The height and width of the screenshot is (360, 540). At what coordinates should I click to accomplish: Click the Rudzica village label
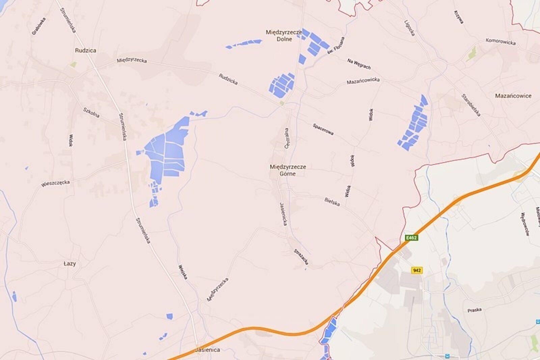85,51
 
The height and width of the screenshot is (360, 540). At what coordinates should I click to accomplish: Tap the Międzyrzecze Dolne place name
284,35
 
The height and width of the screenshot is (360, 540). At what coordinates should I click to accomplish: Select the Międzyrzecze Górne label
288,170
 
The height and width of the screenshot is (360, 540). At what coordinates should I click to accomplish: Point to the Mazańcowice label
513,96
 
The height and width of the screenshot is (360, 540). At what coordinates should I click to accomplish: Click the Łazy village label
70,264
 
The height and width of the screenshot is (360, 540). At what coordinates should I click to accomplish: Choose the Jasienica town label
208,350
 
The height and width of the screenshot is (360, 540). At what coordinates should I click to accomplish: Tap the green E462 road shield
411,238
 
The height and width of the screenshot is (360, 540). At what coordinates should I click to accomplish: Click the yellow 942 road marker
417,270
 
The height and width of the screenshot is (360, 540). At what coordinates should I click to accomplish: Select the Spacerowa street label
323,129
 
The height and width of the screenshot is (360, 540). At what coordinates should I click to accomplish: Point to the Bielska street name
332,202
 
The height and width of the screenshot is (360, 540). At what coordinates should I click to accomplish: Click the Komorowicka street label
501,42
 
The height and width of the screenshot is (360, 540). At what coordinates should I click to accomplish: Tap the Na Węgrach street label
359,64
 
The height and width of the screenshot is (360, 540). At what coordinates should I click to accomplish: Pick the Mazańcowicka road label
363,81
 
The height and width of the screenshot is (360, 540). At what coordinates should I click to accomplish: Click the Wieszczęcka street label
55,183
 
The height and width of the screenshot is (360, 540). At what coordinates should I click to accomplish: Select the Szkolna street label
91,112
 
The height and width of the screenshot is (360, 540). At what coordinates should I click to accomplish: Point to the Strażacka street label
301,257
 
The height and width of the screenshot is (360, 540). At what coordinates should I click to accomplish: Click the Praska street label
475,310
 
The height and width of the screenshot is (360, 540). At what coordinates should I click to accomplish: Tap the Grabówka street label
38,26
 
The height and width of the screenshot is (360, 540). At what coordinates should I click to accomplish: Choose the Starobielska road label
471,105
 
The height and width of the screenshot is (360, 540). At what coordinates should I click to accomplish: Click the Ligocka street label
409,28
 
